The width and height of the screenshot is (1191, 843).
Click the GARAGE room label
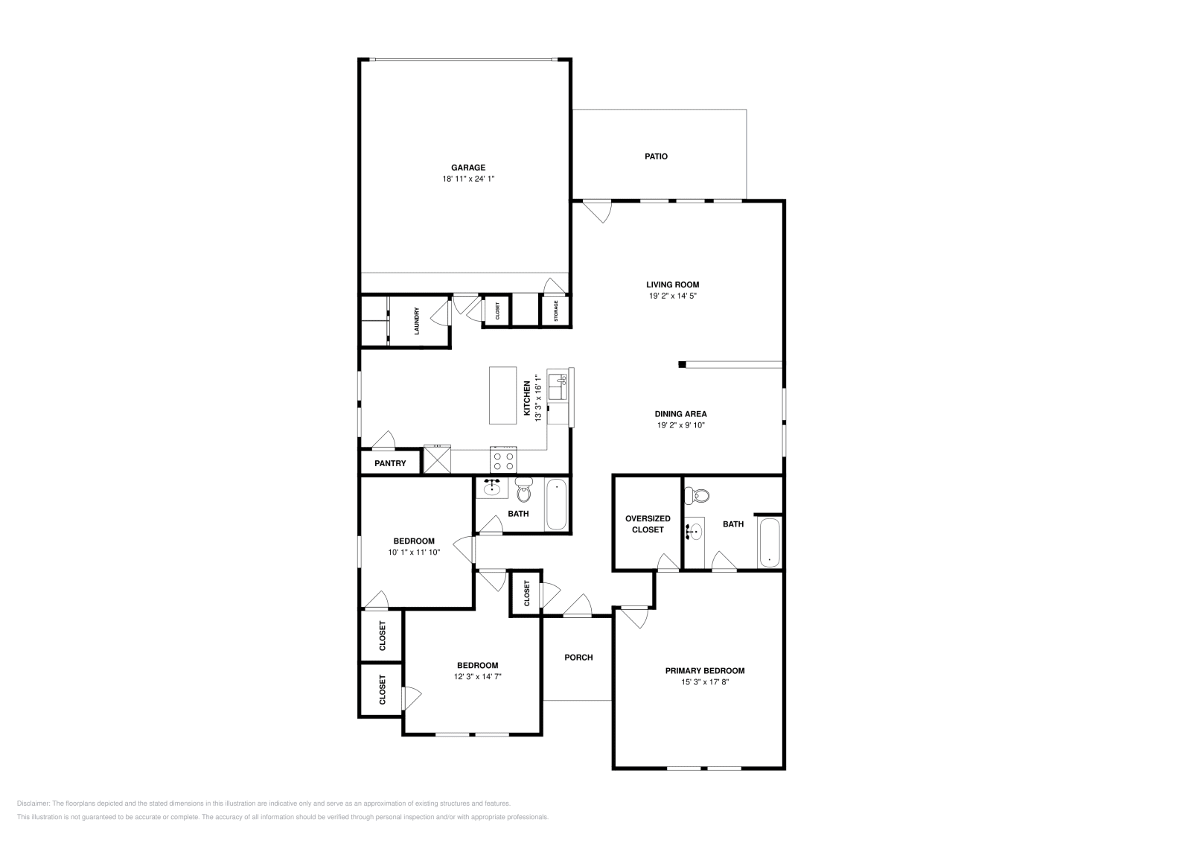pyautogui.click(x=467, y=168)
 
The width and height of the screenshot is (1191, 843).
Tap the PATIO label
pyautogui.click(x=656, y=156)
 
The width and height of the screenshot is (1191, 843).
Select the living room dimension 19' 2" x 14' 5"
pyautogui.click(x=672, y=296)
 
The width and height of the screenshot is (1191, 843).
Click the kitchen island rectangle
pyautogui.click(x=503, y=395)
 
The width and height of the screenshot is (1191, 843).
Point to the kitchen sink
pyautogui.click(x=558, y=387)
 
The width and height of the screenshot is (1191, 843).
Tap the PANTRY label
pyautogui.click(x=390, y=463)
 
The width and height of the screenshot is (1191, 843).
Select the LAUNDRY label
pyautogui.click(x=417, y=321)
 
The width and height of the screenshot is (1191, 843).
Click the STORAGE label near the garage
pyautogui.click(x=555, y=311)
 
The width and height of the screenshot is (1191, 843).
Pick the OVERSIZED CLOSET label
pyautogui.click(x=648, y=524)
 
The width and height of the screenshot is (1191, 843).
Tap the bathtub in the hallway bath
pyautogui.click(x=557, y=505)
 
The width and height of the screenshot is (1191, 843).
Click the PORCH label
pyautogui.click(x=578, y=657)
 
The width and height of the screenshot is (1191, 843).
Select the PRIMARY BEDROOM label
pyautogui.click(x=704, y=670)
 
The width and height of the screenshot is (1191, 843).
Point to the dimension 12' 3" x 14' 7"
pyautogui.click(x=477, y=676)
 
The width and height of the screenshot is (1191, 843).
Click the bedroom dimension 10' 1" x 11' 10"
pyautogui.click(x=414, y=553)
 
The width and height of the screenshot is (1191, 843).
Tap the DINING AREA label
pyautogui.click(x=680, y=414)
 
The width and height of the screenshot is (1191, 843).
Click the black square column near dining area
pyautogui.click(x=681, y=364)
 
